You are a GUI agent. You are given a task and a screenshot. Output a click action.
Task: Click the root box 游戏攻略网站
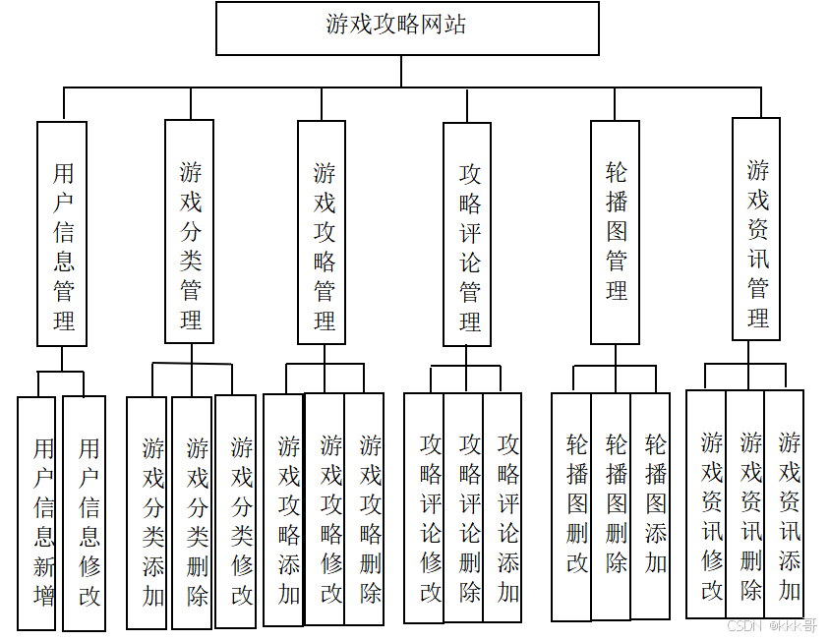pos(407,28)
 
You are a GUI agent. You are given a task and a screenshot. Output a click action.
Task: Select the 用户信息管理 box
pos(62,234)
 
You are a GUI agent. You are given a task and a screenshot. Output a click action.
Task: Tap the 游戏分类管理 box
pos(190,232)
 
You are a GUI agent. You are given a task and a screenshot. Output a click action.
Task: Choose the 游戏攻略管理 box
pos(322,232)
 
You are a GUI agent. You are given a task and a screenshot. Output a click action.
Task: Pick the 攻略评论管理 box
pos(467,234)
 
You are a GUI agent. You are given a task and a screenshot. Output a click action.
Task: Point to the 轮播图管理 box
pos(616,232)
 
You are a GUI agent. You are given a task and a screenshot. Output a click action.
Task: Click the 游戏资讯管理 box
pos(756,229)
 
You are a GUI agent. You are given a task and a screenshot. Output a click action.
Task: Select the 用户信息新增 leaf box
pos(37,512)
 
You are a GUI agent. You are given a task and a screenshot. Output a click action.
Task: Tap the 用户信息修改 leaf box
pos(84,512)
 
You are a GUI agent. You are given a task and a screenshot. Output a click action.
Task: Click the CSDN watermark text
pos(772,625)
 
